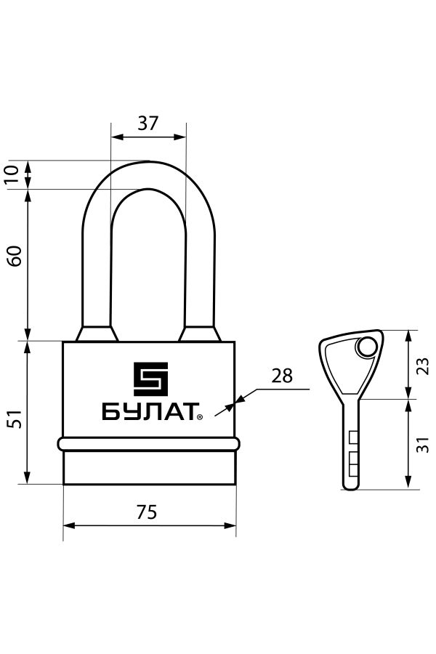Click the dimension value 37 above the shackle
point(148,123)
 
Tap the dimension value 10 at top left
point(12,174)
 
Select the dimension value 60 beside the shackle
point(15,256)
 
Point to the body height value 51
point(15,419)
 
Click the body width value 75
point(147,512)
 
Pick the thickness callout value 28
point(282,376)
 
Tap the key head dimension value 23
point(423,366)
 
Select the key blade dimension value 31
point(423,445)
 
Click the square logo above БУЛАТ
point(150,379)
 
